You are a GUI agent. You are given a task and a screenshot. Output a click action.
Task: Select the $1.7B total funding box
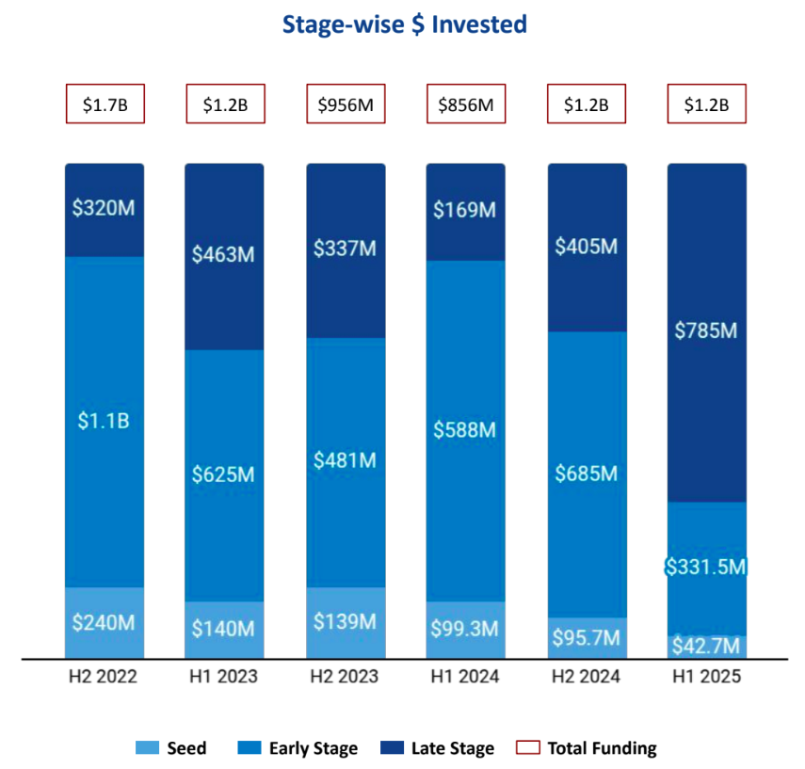pyautogui.click(x=105, y=104)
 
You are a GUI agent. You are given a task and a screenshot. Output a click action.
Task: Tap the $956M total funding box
pyautogui.click(x=346, y=104)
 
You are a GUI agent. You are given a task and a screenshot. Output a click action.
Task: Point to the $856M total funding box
pyautogui.click(x=466, y=104)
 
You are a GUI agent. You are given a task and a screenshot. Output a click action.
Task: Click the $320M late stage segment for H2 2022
pyautogui.click(x=105, y=209)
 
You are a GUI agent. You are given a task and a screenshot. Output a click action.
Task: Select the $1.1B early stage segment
pyautogui.click(x=105, y=421)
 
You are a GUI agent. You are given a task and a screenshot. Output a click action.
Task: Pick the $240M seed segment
pyautogui.click(x=105, y=622)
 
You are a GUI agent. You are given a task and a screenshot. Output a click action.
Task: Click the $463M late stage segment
pyautogui.click(x=225, y=255)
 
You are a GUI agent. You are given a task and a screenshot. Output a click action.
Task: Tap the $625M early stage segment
pyautogui.click(x=225, y=474)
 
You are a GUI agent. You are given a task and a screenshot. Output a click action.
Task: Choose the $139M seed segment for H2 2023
pyautogui.click(x=346, y=622)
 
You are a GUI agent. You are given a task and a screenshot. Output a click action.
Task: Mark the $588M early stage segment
pyautogui.click(x=466, y=430)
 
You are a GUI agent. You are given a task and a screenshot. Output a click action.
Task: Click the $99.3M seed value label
pyautogui.click(x=466, y=629)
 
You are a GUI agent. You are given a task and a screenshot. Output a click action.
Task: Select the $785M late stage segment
pyautogui.click(x=707, y=331)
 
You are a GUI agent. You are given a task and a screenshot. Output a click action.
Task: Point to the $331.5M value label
pyautogui.click(x=707, y=568)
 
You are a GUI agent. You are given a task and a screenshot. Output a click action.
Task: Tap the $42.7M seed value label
pyautogui.click(x=707, y=647)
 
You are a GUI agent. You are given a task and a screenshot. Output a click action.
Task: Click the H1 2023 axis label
pyautogui.click(x=225, y=677)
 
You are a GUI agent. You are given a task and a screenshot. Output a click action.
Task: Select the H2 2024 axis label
pyautogui.click(x=587, y=677)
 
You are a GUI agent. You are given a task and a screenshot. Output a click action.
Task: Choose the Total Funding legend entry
pyautogui.click(x=587, y=749)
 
